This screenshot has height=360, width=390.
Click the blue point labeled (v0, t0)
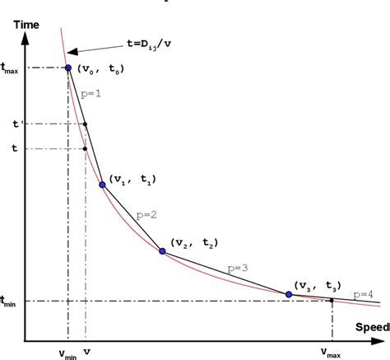click(67, 67)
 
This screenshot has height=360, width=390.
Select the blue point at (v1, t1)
click(102, 185)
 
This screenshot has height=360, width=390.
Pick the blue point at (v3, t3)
click(289, 294)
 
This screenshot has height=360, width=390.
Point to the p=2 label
click(146, 214)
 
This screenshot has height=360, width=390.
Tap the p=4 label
click(363, 293)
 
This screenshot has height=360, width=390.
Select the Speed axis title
click(372, 327)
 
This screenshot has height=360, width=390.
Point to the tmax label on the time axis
click(11, 68)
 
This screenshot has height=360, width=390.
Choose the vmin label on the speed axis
click(67, 353)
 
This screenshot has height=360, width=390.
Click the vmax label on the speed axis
click(331, 353)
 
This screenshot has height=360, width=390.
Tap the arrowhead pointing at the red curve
click(67, 51)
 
